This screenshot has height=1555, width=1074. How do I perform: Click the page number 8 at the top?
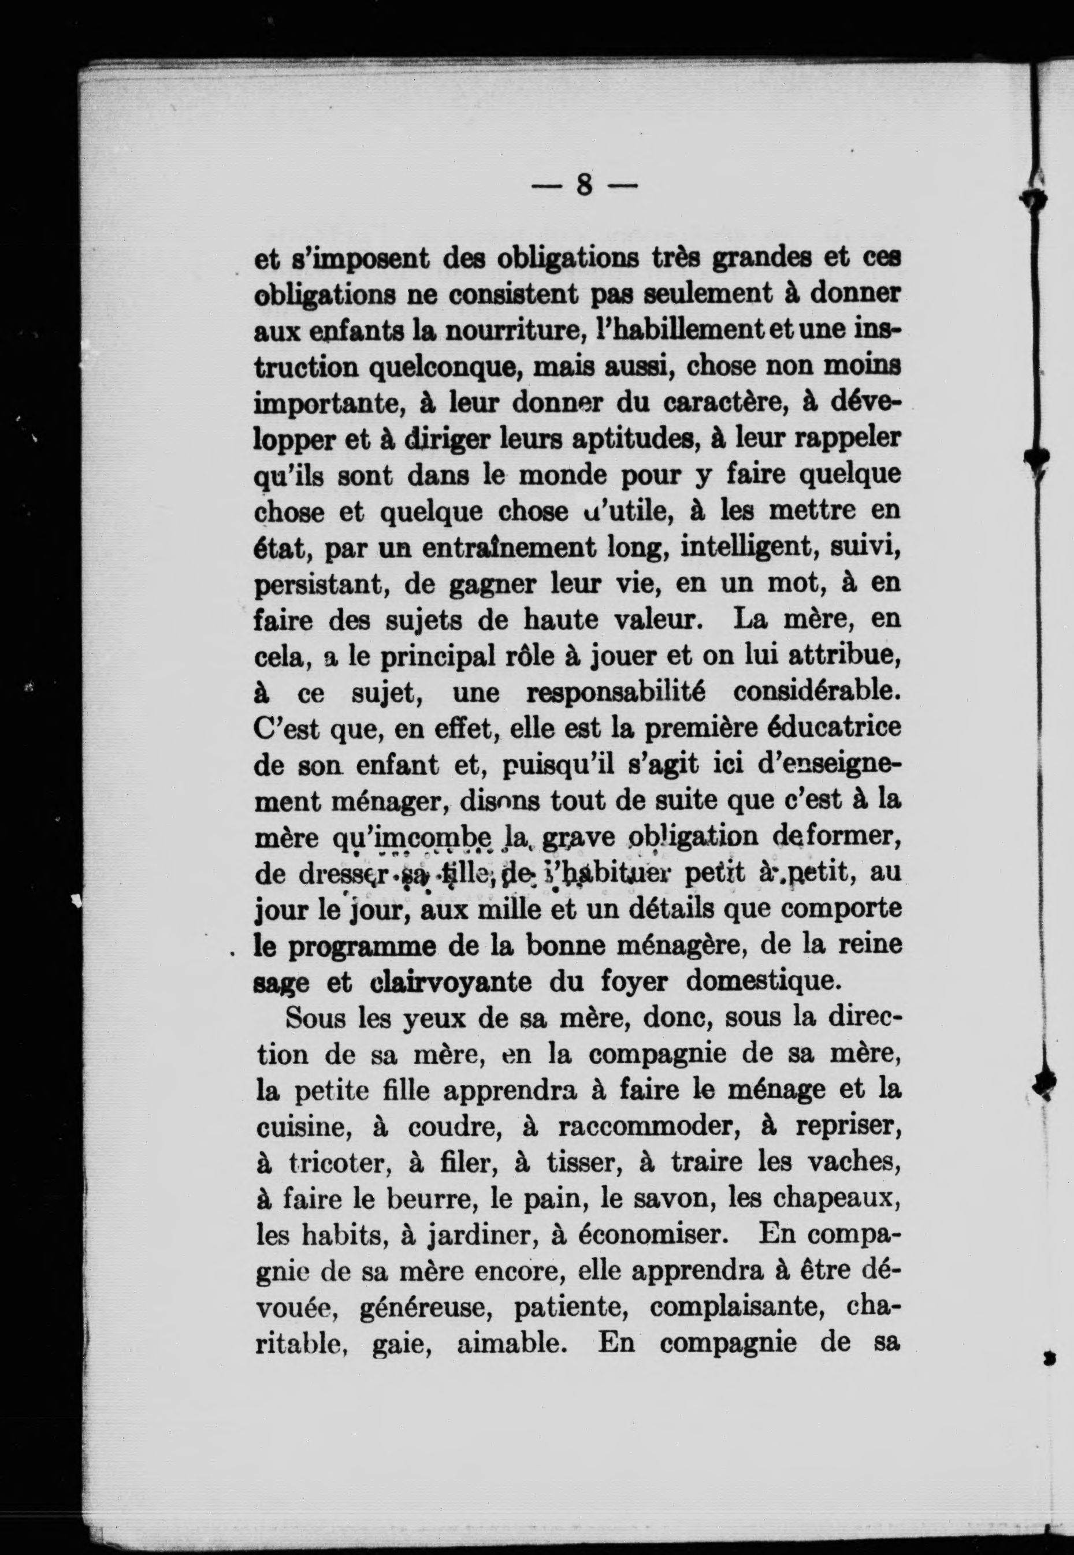tap(584, 184)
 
